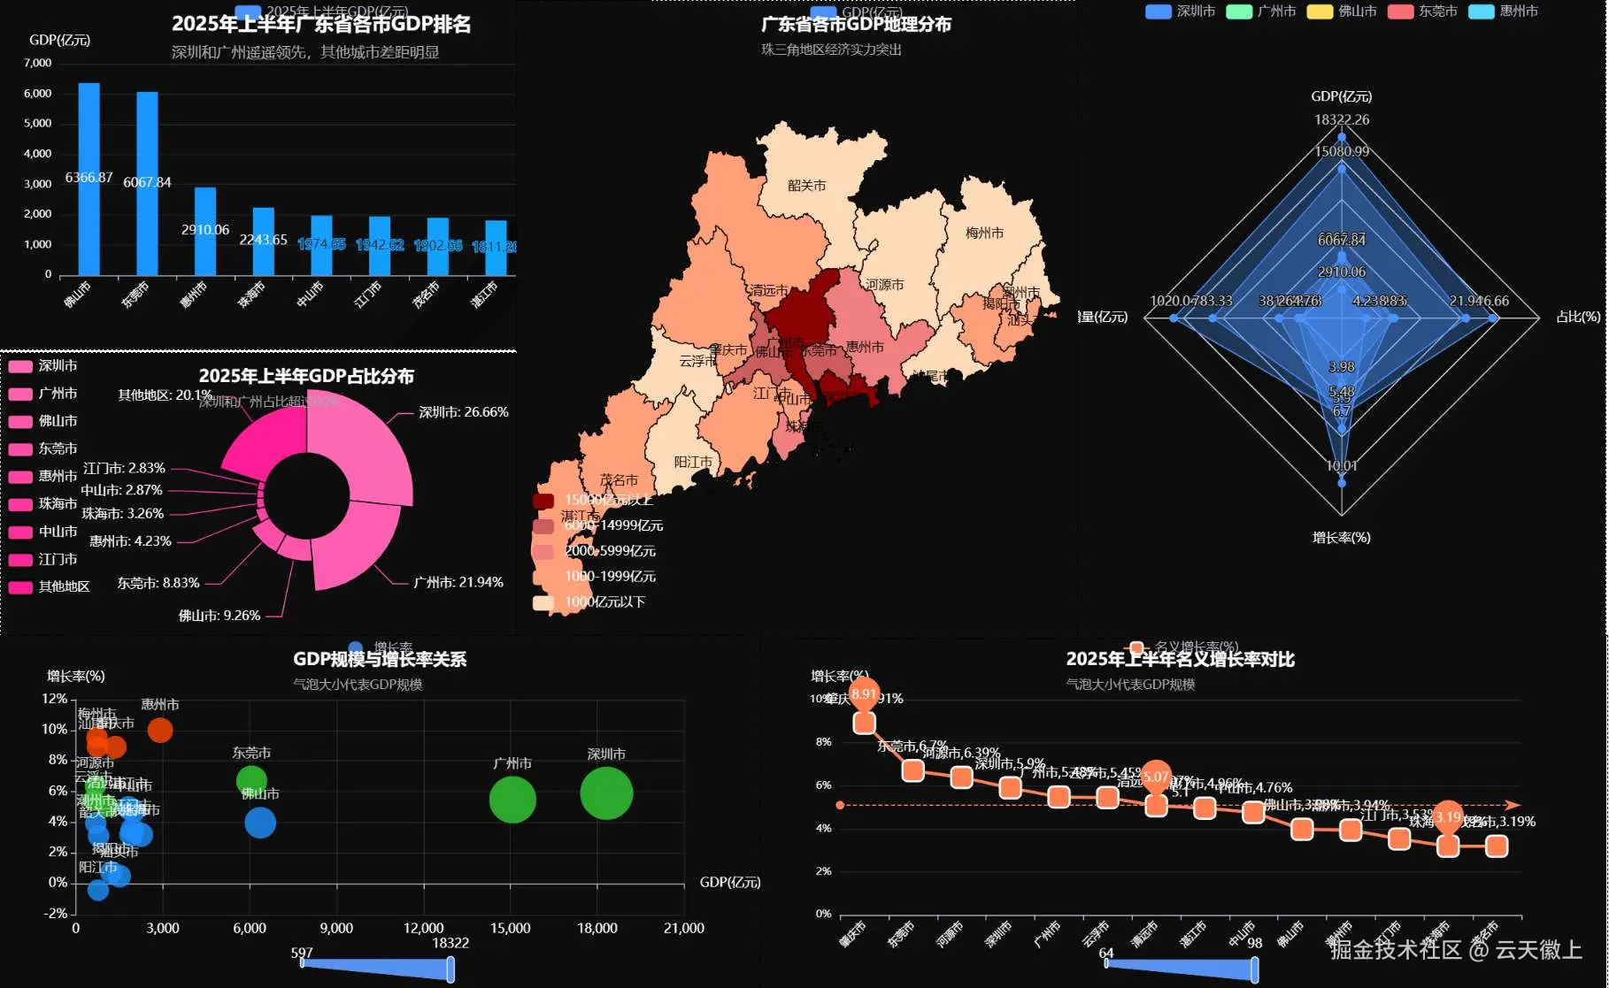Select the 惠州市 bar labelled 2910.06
point(205,231)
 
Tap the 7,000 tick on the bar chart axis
point(38,63)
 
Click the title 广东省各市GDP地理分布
point(856,25)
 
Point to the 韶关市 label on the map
point(806,186)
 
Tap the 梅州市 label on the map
point(984,233)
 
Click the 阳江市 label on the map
point(693,462)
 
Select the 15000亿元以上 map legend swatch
point(543,501)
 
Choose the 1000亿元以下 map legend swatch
point(543,602)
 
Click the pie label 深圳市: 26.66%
point(463,412)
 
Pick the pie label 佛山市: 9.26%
point(219,616)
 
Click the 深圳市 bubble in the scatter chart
point(606,793)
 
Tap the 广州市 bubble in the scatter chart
point(512,800)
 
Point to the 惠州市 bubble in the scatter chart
point(160,731)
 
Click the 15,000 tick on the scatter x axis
point(510,928)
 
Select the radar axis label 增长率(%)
point(1341,538)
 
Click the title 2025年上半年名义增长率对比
point(1180,659)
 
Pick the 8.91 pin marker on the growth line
point(864,694)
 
